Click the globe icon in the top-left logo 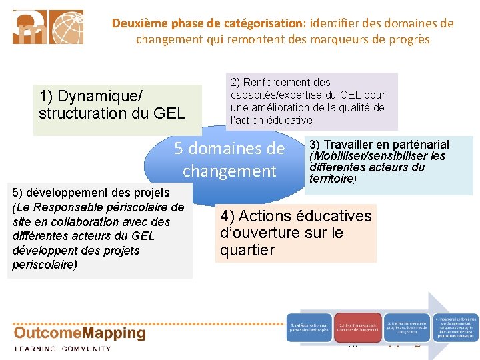pos(67,27)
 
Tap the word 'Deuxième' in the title pos(138,23)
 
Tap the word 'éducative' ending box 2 pos(289,120)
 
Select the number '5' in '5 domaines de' pos(178,148)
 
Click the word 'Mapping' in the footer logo pos(111,334)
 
